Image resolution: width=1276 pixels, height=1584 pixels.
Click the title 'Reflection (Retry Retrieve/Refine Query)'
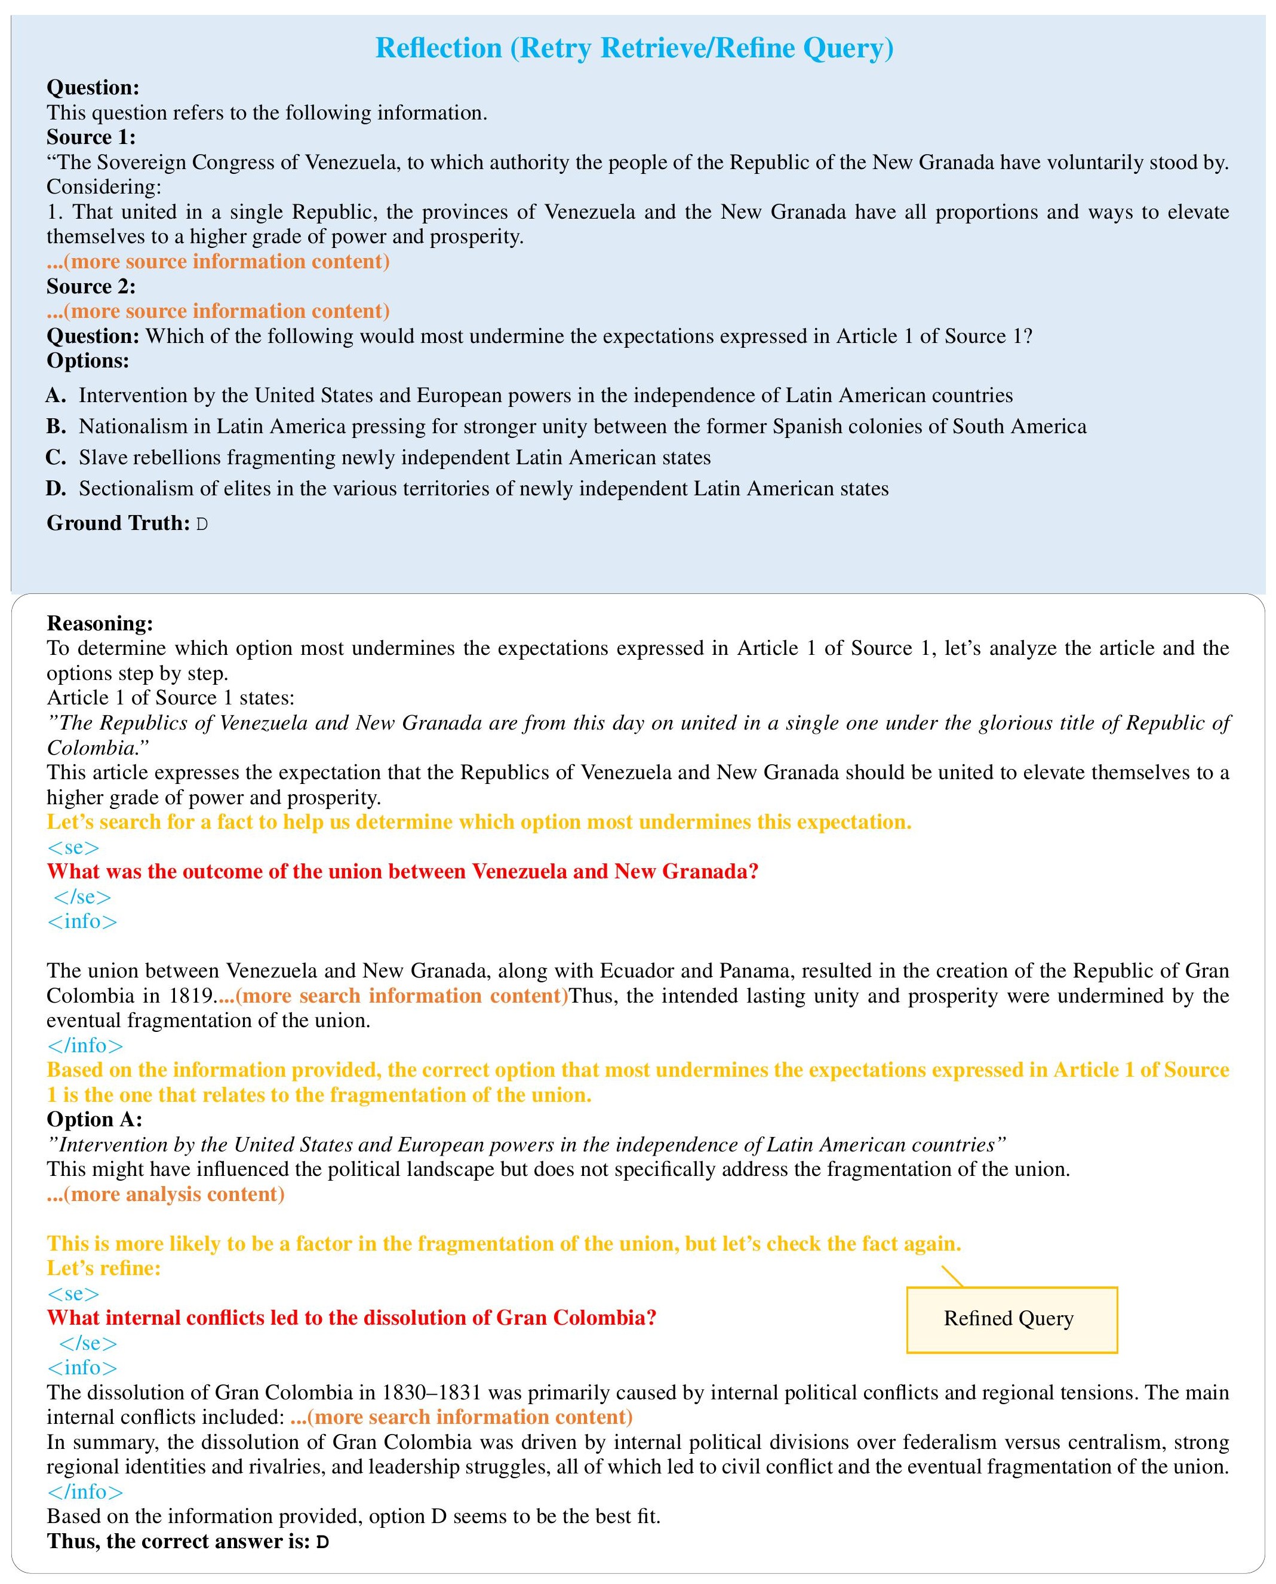tap(634, 48)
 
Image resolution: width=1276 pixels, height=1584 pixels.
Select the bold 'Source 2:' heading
tap(91, 286)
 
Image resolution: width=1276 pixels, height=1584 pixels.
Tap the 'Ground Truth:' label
tap(118, 523)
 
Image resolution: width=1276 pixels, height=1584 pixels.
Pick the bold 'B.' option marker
tap(56, 427)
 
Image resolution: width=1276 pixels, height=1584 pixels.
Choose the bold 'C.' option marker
tap(56, 458)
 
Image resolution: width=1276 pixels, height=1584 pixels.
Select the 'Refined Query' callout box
tap(1011, 1319)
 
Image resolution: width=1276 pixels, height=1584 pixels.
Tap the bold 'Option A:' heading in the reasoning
tap(95, 1119)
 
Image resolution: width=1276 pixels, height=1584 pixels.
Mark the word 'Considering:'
tap(104, 187)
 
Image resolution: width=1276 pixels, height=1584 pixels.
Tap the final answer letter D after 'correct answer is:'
tap(322, 1542)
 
